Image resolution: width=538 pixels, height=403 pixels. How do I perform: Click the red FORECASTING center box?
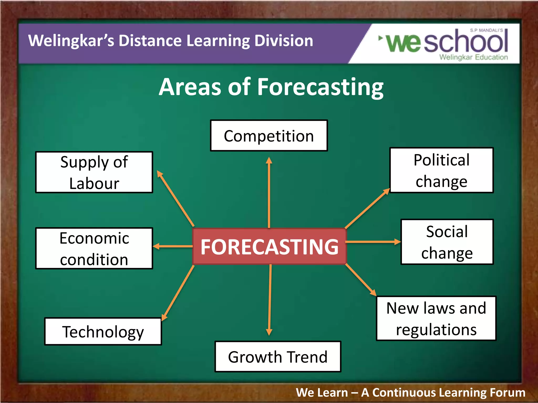click(x=269, y=247)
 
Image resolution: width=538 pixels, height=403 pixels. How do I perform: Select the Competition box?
click(x=269, y=136)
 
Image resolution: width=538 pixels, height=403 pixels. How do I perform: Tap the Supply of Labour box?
click(x=94, y=172)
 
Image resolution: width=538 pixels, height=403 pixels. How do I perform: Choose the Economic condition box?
click(x=94, y=248)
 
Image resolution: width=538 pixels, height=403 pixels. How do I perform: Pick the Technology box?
click(x=103, y=332)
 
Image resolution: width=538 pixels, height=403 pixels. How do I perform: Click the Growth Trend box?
click(x=278, y=357)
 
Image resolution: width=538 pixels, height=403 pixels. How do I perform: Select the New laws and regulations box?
click(x=436, y=319)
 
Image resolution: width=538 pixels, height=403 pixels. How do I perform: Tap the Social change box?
click(x=447, y=242)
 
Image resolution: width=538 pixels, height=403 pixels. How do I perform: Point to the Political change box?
click(x=441, y=170)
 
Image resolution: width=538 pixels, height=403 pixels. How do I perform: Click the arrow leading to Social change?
click(x=373, y=242)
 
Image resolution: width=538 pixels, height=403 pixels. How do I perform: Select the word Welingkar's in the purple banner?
click(x=71, y=41)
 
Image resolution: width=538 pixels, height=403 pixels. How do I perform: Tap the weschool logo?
click(x=447, y=42)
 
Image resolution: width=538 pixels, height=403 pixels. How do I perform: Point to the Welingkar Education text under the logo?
click(x=473, y=57)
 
